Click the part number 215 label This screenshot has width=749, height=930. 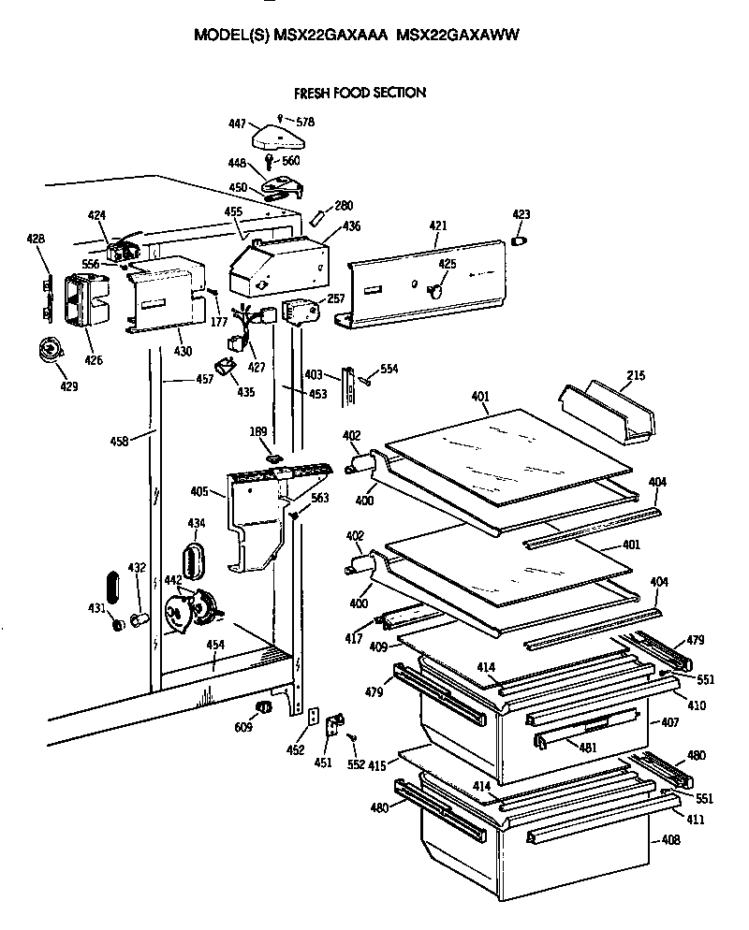(x=636, y=376)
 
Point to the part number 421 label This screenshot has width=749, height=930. (x=438, y=226)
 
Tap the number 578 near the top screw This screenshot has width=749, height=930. (x=304, y=122)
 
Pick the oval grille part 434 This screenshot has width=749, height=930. (x=194, y=562)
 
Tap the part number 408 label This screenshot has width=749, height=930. (x=670, y=840)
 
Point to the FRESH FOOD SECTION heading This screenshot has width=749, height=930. (x=360, y=93)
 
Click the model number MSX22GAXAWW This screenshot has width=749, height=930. (x=458, y=35)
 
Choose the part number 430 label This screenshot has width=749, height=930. (x=183, y=351)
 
